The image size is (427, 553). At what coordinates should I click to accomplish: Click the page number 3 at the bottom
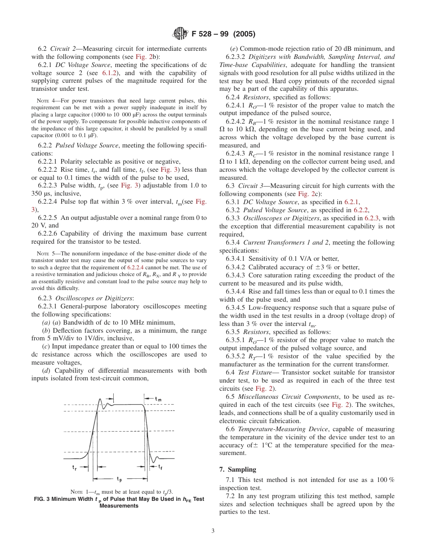click(213, 531)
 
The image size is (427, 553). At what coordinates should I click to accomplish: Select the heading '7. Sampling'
click(237, 469)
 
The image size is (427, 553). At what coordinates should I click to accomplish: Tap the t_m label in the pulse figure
click(159, 399)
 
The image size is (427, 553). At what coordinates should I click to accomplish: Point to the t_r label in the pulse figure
click(75, 467)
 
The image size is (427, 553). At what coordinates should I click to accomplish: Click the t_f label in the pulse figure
click(160, 467)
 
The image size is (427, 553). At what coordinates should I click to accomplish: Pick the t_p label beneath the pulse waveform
click(120, 479)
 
